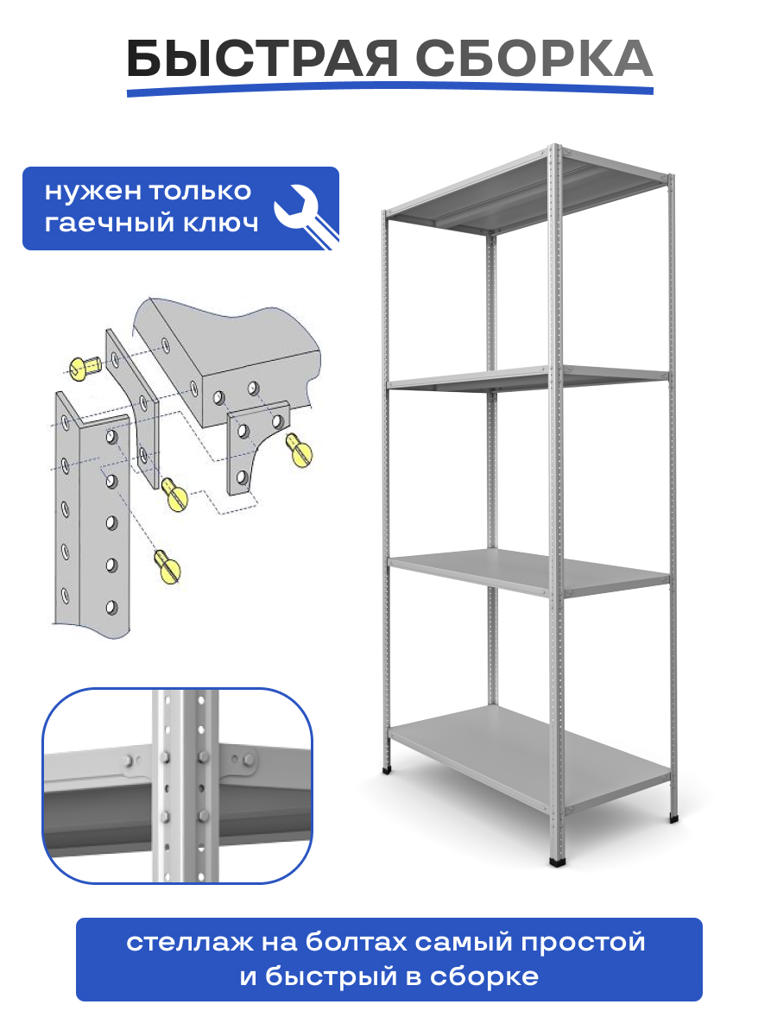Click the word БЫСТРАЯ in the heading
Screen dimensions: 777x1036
(x=262, y=58)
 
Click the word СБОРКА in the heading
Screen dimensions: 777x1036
(x=534, y=58)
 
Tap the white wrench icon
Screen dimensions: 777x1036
(x=306, y=216)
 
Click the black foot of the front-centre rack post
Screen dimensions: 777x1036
(x=557, y=862)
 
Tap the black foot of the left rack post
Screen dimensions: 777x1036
(x=387, y=770)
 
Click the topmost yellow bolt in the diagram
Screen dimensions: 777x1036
(x=85, y=367)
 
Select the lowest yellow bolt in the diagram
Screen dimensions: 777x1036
(x=167, y=567)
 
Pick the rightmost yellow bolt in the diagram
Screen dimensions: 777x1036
(x=299, y=451)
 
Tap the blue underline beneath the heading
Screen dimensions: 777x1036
(x=389, y=89)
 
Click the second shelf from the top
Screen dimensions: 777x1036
(x=528, y=378)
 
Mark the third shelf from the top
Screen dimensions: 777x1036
(x=528, y=572)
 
